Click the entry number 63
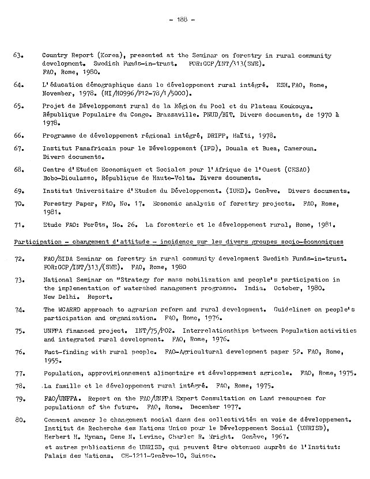[x=17, y=56]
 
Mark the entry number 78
[x=17, y=386]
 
